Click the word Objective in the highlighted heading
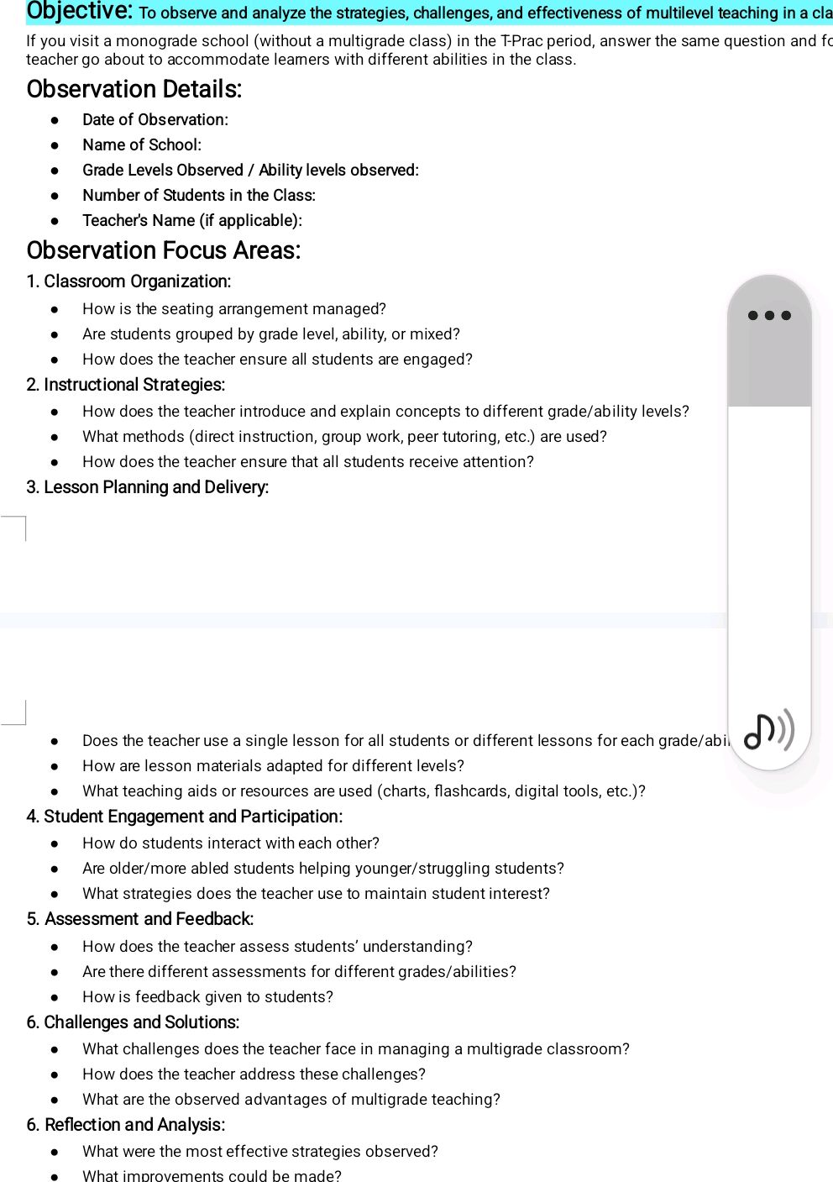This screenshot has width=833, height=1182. point(79,11)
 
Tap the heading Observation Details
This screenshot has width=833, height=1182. point(134,89)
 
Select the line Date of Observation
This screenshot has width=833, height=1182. point(155,119)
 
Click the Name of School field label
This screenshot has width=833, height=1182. point(141,144)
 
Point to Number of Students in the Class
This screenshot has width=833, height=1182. point(198,195)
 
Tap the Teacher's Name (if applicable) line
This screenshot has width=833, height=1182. point(191,220)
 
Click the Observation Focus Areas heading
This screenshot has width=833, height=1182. point(163,250)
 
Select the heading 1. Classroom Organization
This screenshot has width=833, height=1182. point(128,281)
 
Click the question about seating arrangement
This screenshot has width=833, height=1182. point(233,309)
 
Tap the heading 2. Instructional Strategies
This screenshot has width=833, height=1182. point(126,385)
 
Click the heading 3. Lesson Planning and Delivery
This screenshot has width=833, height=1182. point(148,487)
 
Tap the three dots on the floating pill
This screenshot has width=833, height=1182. point(769,316)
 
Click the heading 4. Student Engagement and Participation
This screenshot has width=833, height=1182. point(185,817)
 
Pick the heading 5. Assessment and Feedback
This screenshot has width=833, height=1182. point(140,919)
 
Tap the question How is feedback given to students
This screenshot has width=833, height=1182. point(207,997)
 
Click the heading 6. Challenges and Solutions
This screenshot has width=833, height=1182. point(133,1022)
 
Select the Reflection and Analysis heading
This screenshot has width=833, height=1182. point(134,1125)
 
